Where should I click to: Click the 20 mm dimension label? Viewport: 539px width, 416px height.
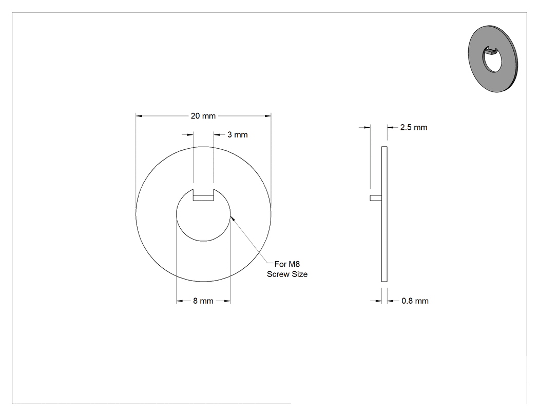(203, 116)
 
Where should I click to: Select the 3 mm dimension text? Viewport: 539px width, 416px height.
(238, 135)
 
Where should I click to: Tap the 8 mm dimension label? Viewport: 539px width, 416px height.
(203, 301)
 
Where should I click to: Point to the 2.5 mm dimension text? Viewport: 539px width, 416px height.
(414, 127)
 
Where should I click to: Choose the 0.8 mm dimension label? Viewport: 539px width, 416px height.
(415, 301)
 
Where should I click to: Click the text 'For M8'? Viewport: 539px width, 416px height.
(287, 264)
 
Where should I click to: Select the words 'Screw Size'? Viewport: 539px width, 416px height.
(287, 274)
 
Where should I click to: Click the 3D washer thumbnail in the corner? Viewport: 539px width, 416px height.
(493, 58)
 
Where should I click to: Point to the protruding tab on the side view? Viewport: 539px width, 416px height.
(376, 198)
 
